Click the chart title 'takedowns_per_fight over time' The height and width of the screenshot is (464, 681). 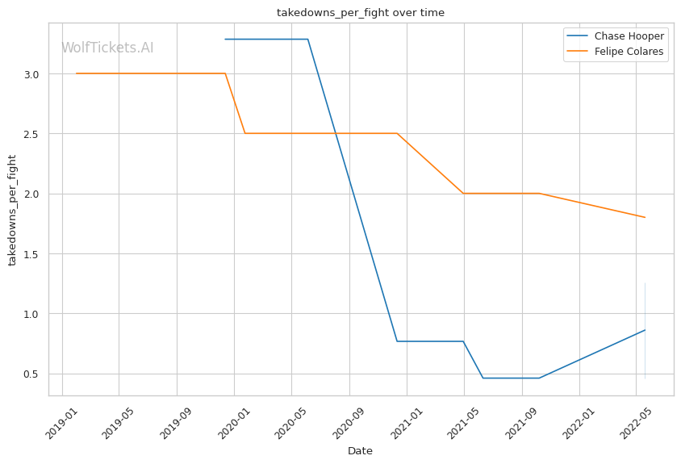pos(360,13)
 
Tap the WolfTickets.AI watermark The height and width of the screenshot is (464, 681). pos(107,48)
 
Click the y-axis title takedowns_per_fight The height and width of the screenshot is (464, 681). pos(13,210)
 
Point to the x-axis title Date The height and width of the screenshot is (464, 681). pos(360,451)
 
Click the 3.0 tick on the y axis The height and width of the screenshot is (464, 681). pos(33,74)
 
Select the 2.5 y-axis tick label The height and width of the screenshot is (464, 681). pos(33,134)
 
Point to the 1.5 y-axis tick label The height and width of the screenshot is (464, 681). pos(33,254)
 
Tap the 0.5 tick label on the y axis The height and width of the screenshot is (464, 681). pos(33,374)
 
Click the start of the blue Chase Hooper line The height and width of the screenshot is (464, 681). pos(225,39)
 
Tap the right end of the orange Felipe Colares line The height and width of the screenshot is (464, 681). pos(645,217)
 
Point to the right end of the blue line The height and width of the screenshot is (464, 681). pos(645,329)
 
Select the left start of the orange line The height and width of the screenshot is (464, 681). pos(76,73)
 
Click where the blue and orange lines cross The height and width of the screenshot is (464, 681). pos(335,133)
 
